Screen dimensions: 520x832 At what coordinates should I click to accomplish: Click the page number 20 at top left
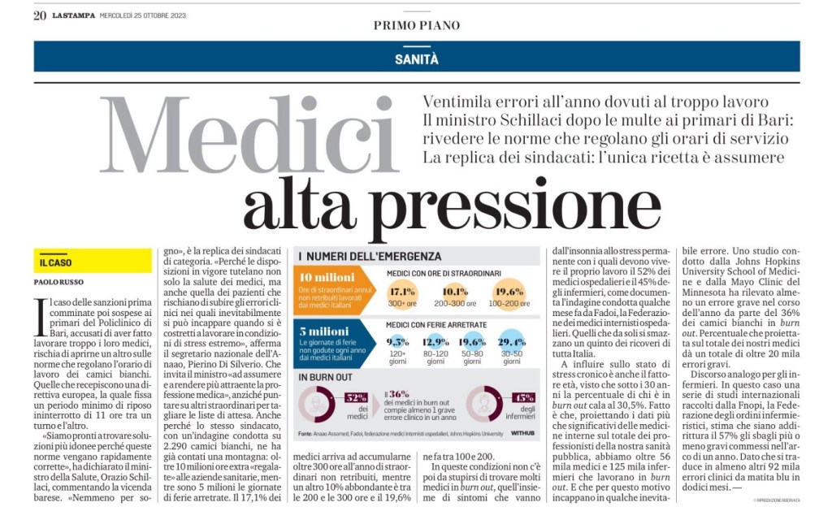pyautogui.click(x=40, y=15)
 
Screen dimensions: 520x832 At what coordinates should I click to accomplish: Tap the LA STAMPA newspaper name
pyautogui.click(x=73, y=15)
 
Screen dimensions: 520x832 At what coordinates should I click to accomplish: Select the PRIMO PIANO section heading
pyautogui.click(x=416, y=25)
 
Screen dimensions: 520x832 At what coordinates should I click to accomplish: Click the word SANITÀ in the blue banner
pyautogui.click(x=416, y=58)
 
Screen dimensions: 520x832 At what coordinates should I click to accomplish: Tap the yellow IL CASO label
pyautogui.click(x=56, y=263)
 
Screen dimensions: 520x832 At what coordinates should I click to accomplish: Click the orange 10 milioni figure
pyautogui.click(x=324, y=276)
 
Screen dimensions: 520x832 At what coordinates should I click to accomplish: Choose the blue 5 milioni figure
pyautogui.click(x=323, y=332)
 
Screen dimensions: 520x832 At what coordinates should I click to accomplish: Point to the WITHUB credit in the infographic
pyautogui.click(x=522, y=434)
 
